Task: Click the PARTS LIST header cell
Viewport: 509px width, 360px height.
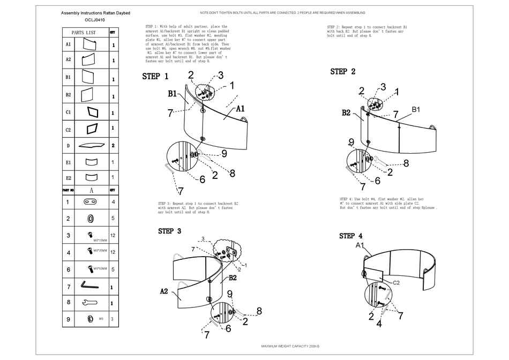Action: (x=84, y=32)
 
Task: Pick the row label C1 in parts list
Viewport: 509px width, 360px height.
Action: (x=68, y=113)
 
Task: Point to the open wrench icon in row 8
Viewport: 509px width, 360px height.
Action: (x=89, y=303)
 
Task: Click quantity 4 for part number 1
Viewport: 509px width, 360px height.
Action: (x=113, y=202)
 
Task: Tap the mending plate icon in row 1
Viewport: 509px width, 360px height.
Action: (x=89, y=202)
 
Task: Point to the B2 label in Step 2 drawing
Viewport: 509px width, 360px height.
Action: (x=346, y=112)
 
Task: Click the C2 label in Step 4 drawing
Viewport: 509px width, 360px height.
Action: (x=397, y=282)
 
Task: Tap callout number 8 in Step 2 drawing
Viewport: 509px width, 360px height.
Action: (x=406, y=163)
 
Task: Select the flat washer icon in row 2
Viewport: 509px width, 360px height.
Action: (x=89, y=218)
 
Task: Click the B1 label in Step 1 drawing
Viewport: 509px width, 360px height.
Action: (x=173, y=93)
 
